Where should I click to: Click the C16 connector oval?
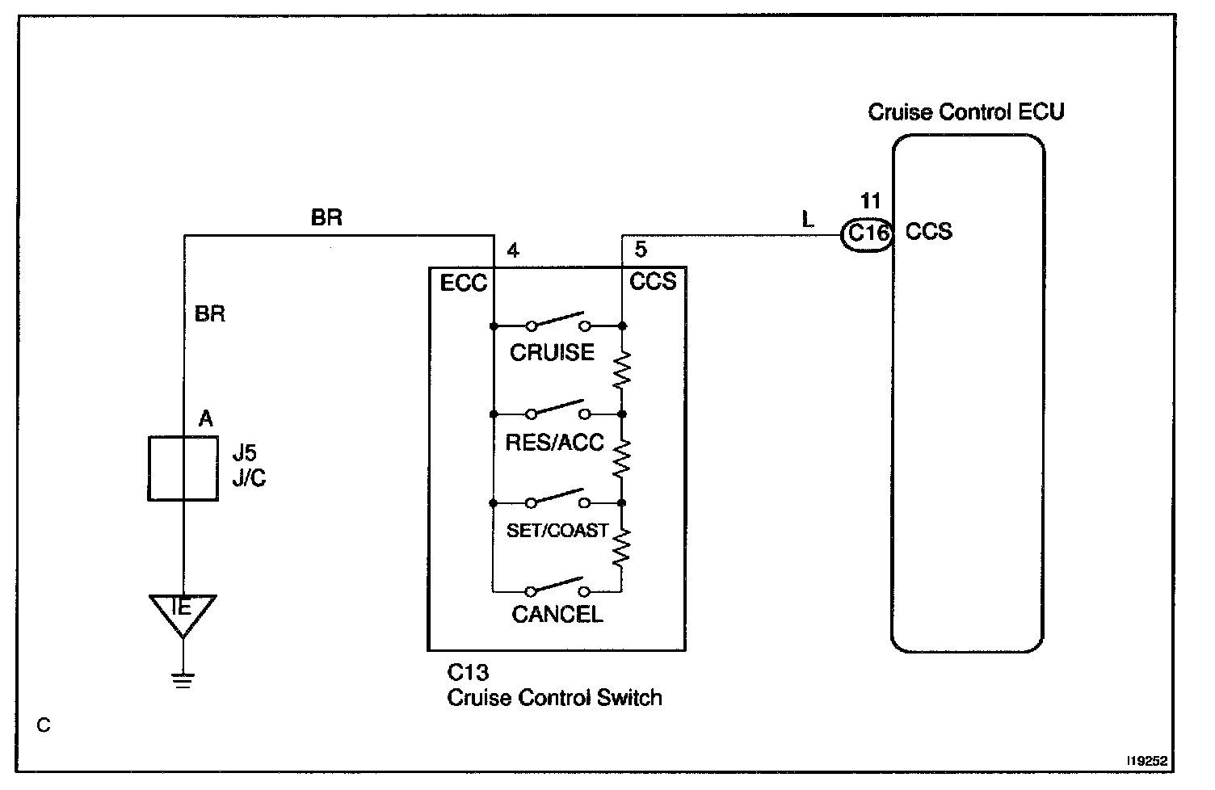pos(866,234)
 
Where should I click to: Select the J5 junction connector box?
pos(183,469)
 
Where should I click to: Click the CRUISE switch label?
pos(552,352)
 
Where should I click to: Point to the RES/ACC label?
pos(554,443)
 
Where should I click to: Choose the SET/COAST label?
pos(557,530)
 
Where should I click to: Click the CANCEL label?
pos(557,615)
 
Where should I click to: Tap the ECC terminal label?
pos(463,283)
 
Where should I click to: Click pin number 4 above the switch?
pos(513,250)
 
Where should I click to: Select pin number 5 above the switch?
pos(641,250)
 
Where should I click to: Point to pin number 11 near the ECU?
pos(871,201)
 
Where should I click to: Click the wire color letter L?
pos(808,220)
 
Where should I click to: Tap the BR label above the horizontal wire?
pos(326,217)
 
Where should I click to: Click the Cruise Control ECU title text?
pos(966,111)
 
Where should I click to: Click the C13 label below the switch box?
pos(468,672)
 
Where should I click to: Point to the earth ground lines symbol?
pos(183,680)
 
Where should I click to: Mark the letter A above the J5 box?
pos(205,418)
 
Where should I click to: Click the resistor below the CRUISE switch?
pos(621,370)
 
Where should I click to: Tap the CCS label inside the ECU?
pos(928,232)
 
